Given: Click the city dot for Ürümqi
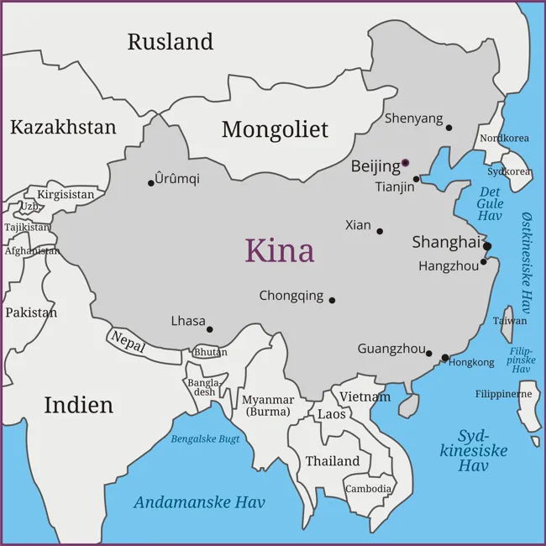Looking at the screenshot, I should coord(151,183).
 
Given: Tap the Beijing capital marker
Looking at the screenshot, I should coord(405,163).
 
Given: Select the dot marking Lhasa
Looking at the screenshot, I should coord(210,329).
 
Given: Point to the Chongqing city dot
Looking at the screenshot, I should coord(332,300).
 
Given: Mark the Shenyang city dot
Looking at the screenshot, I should coord(449,128).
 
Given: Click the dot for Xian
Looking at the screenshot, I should coord(380,231).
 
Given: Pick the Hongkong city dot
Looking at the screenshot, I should coord(444,358).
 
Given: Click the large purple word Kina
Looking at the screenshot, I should coord(280,250).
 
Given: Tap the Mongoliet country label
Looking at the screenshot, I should coord(275,129).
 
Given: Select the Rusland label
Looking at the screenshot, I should coord(171,41).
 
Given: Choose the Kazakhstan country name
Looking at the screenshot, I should coord(63,127).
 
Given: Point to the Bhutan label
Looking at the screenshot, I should coord(210,353).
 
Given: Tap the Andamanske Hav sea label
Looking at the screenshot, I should coord(199,502).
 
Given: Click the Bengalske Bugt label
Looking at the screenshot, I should coord(206,438).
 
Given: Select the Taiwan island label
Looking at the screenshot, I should coord(510,321).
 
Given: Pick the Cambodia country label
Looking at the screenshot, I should coord(368,488).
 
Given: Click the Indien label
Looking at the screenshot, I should coord(78,405).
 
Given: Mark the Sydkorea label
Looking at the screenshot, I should coord(509,171).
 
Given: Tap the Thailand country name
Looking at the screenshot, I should coord(332,461).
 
